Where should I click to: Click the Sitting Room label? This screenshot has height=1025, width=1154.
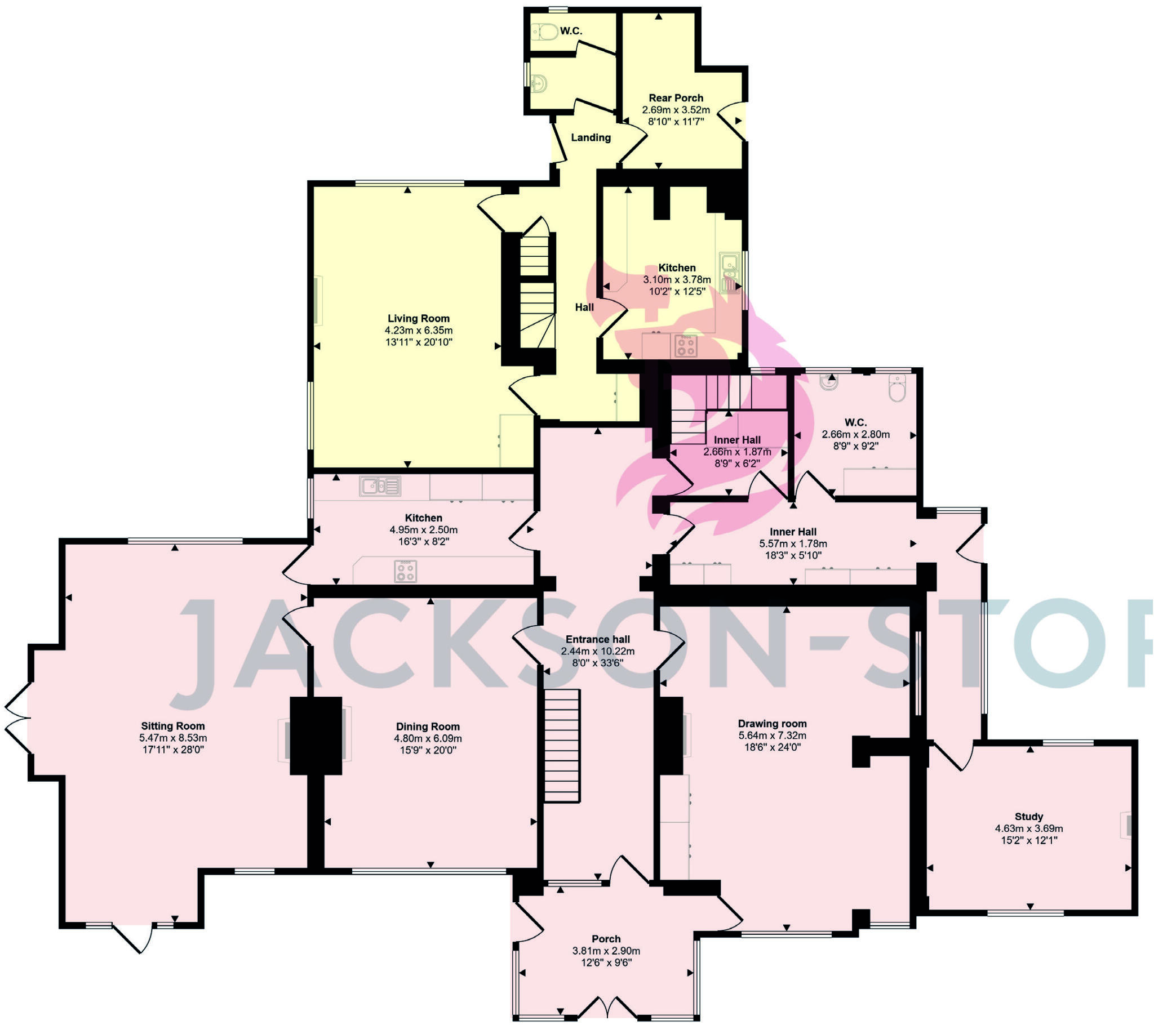(x=173, y=726)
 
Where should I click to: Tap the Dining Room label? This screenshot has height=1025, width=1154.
(x=428, y=727)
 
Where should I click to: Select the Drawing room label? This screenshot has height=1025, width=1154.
(x=773, y=724)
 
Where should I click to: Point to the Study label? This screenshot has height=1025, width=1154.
(x=1029, y=816)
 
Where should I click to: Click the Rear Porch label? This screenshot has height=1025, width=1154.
(x=676, y=97)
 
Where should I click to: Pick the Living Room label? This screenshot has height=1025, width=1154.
(x=418, y=318)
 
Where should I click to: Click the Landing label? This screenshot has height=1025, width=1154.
(x=591, y=137)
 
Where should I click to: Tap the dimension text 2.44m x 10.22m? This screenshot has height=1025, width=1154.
(x=598, y=651)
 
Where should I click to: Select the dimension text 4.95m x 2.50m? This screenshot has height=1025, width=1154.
(x=423, y=529)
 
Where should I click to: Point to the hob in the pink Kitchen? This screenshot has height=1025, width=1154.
(x=405, y=570)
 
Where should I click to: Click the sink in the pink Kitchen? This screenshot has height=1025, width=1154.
(x=380, y=485)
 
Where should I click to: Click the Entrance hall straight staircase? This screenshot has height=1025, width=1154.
(x=562, y=745)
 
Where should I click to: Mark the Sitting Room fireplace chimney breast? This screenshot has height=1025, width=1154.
(x=316, y=736)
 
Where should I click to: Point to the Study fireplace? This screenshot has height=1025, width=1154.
(x=1126, y=826)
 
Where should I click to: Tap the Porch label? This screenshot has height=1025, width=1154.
(x=606, y=939)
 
